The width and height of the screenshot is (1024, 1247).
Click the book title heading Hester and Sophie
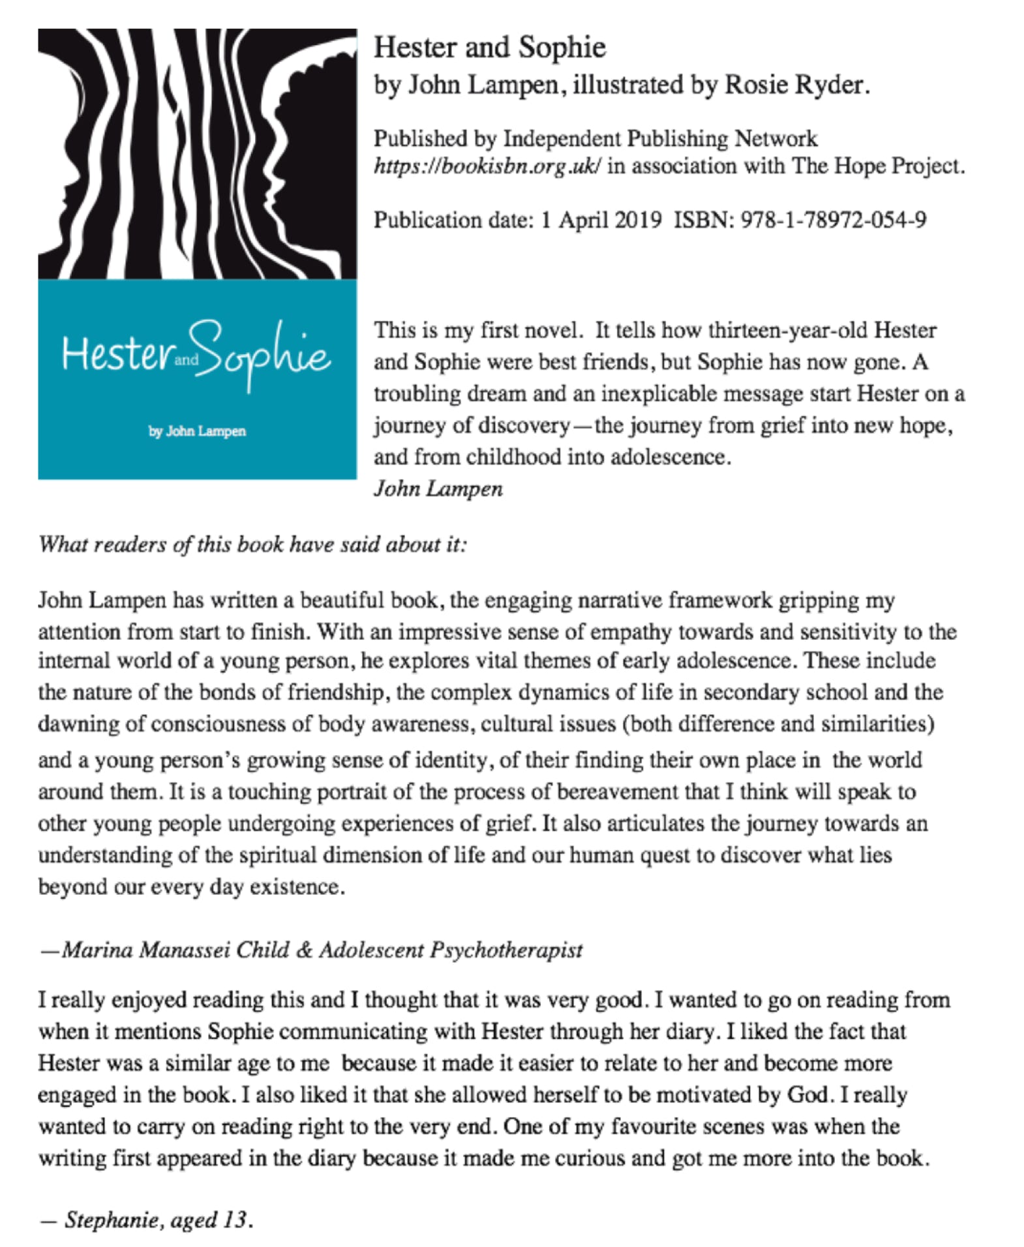pos(489,48)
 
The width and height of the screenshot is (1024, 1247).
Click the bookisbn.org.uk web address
pos(487,166)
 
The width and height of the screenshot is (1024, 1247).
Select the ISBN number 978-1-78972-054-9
pos(833,220)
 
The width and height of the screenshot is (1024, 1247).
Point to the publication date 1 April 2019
pos(601,220)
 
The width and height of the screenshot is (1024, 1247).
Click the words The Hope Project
pos(878,166)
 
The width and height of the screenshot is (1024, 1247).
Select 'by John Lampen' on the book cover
pos(197,431)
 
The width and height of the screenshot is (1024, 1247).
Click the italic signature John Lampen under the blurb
pos(438,489)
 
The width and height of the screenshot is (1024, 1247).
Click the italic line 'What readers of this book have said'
pos(252,545)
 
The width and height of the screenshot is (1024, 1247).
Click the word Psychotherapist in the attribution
pos(505,950)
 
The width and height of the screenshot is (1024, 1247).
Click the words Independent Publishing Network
pos(659,139)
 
